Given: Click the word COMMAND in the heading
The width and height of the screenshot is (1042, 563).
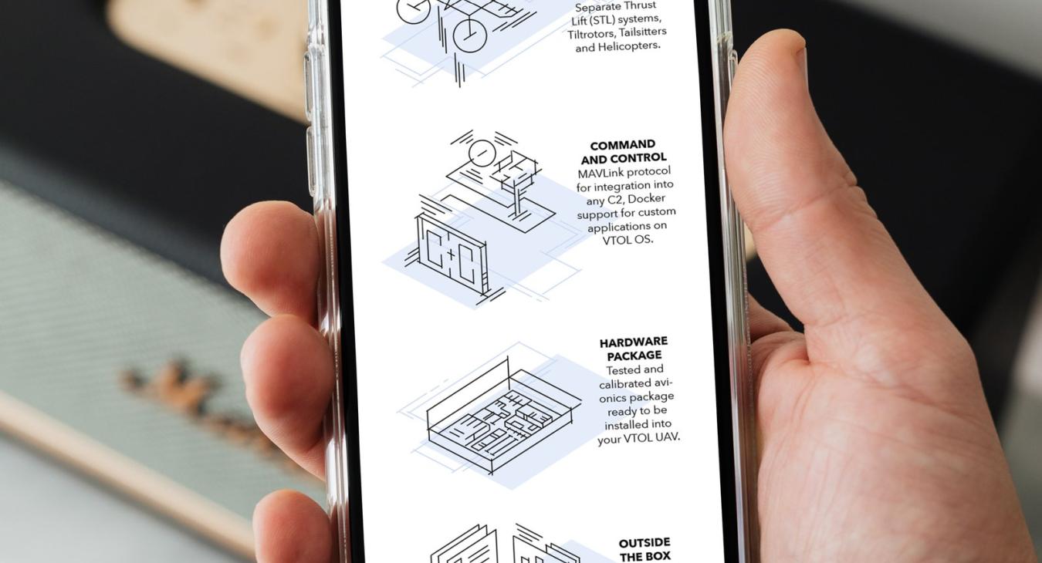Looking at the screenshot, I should point(622,145).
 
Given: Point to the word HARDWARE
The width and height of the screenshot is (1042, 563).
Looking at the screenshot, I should point(633,342).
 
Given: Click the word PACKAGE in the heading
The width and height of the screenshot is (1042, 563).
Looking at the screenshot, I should point(634,356).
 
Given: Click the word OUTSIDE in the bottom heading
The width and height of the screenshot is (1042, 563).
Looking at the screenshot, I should point(644,543).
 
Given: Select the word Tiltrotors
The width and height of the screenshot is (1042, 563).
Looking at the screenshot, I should point(591,33).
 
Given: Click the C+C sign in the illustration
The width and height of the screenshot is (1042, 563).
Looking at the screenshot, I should point(452,255).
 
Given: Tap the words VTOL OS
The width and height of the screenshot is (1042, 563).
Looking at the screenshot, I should point(628,240).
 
